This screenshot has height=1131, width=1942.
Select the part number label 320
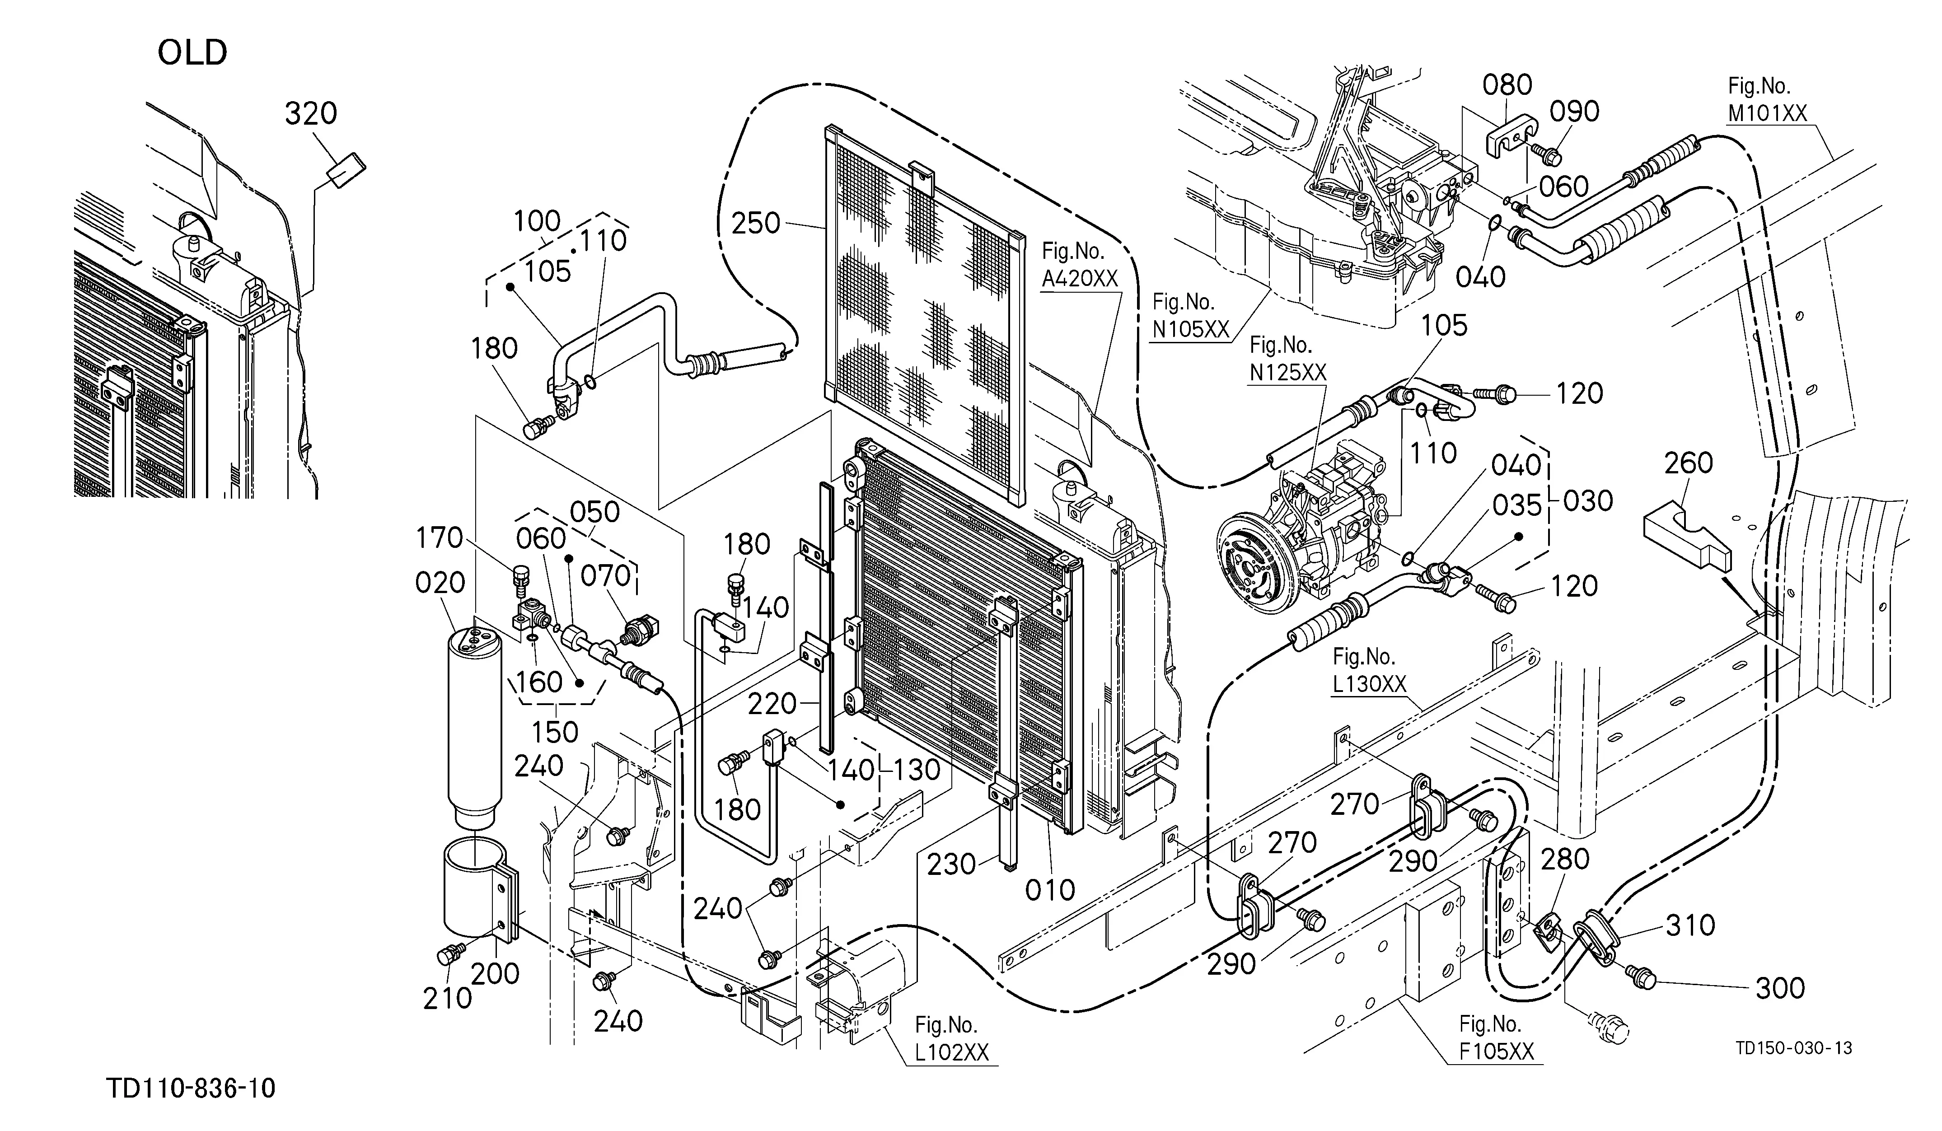pyautogui.click(x=311, y=114)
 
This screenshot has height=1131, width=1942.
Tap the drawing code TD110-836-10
pyautogui.click(x=191, y=1089)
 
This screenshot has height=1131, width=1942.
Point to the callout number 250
pyautogui.click(x=756, y=224)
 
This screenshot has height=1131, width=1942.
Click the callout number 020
pyautogui.click(x=440, y=583)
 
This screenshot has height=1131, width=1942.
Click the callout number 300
pyautogui.click(x=1780, y=988)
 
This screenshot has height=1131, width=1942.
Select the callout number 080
pyautogui.click(x=1507, y=85)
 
